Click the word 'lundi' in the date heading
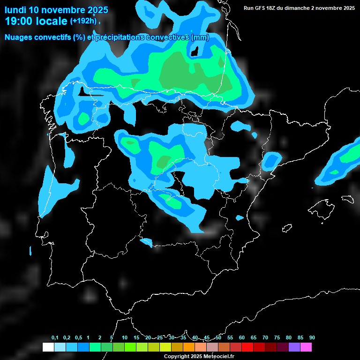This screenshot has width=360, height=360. click(x=15, y=10)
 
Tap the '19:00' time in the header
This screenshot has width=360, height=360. click(x=18, y=21)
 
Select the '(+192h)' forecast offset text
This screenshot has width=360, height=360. click(x=83, y=21)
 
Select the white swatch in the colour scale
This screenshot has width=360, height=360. click(x=48, y=347)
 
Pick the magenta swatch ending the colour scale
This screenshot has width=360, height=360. click(x=306, y=347)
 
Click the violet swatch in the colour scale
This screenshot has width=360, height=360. click(x=294, y=347)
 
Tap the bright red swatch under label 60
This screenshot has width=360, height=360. click(x=247, y=347)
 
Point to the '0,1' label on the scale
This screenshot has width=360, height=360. click(x=55, y=338)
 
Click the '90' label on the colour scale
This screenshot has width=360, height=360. click(x=312, y=338)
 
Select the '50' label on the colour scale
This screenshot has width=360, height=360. click(x=218, y=338)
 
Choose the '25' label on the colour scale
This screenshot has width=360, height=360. click(x=160, y=338)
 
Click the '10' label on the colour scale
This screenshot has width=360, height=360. click(x=125, y=338)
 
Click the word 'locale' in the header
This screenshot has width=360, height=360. click(x=52, y=21)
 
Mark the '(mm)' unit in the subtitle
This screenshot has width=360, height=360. click(x=200, y=37)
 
